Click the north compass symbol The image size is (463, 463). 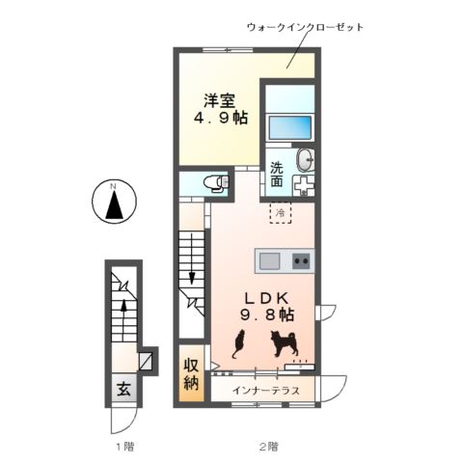(x=113, y=202)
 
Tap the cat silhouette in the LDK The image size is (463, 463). (x=239, y=342)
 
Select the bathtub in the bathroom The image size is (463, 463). (x=290, y=127)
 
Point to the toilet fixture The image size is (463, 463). (x=214, y=181)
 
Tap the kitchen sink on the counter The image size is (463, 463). (x=268, y=260)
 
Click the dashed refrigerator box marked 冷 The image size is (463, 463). (x=280, y=211)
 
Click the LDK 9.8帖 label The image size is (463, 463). (x=265, y=307)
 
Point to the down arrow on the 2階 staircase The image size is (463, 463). (x=192, y=276)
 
